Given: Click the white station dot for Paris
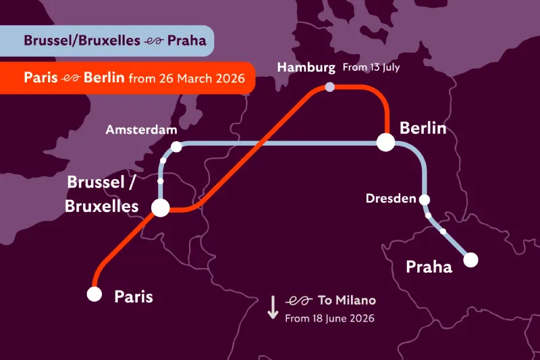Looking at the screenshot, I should point(94,294).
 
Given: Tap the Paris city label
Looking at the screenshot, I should point(134,297).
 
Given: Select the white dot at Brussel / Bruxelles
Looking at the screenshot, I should point(161,207).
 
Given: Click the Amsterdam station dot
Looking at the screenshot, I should point(176,147).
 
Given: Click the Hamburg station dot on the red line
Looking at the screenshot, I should point(329,87).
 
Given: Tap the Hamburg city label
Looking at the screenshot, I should point(306,68).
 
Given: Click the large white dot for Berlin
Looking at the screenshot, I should point(385,143).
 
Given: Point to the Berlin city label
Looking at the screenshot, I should point(423,127).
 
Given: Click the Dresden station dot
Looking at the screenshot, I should point(425,199).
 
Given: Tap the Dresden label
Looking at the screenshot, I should point(391,199).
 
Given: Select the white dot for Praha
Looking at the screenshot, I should point(470,259).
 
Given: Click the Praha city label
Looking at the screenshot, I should point(429,267).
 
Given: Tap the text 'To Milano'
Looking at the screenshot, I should point(346,301).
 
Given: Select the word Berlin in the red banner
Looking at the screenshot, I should point(103,78).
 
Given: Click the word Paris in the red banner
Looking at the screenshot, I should point(40,78).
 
